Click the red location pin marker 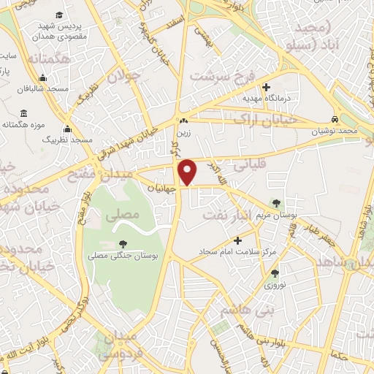[188, 172]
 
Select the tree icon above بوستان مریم [275, 202]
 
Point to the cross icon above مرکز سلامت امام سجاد [237, 240]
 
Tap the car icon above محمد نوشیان [334, 119]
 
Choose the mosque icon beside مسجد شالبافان [43, 79]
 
